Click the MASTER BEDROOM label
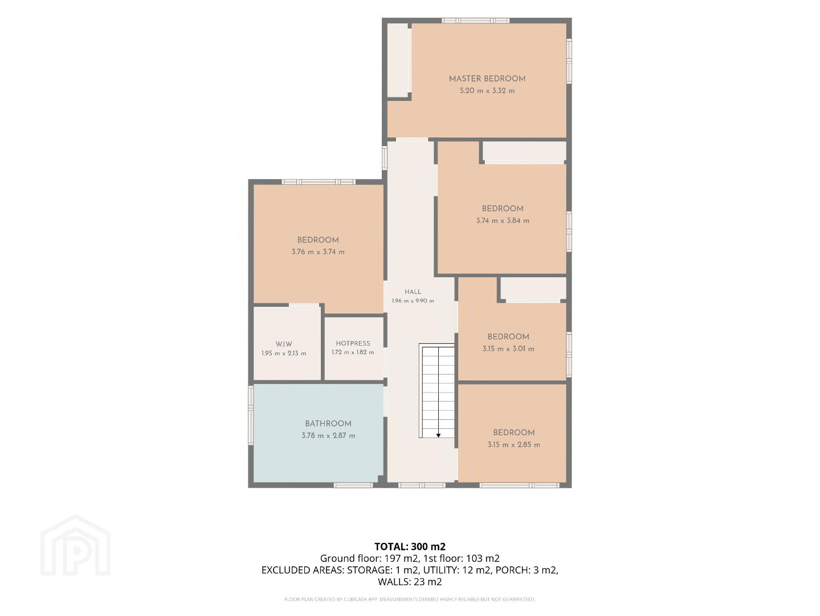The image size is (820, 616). (x=487, y=79)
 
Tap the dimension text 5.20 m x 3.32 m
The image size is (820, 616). (x=487, y=91)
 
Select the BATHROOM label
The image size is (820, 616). (x=328, y=423)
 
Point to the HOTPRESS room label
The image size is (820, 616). (x=353, y=343)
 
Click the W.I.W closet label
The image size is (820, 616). (x=284, y=344)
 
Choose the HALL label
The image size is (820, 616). (x=413, y=291)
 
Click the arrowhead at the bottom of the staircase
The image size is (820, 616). (x=438, y=435)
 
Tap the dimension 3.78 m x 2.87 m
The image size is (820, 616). (x=328, y=435)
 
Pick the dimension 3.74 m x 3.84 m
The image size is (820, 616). (x=503, y=221)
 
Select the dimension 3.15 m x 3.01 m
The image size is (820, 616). (x=508, y=348)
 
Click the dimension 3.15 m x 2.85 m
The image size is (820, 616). (x=513, y=444)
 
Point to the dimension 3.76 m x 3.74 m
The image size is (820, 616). (x=318, y=252)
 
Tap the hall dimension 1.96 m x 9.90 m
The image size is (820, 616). (x=413, y=301)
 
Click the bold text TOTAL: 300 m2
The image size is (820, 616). (x=410, y=546)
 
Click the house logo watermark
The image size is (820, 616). (x=75, y=546)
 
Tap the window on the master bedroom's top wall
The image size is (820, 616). (x=475, y=21)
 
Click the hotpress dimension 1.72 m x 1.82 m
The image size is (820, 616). (x=353, y=352)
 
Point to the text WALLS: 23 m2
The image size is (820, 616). (x=410, y=582)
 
